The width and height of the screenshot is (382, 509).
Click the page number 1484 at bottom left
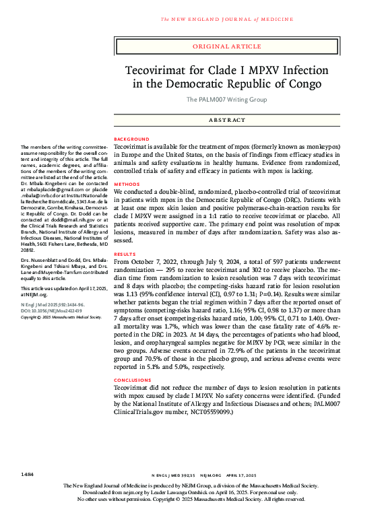pyautogui.click(x=28, y=465)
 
